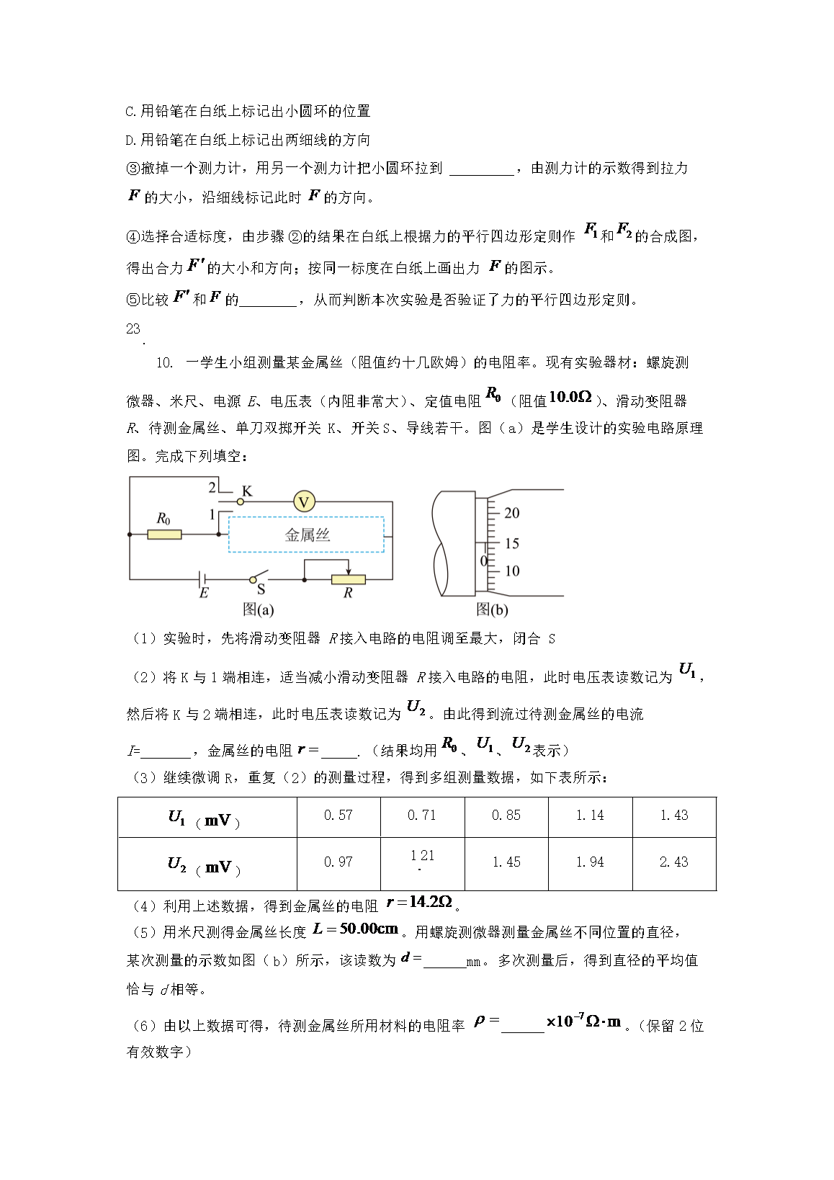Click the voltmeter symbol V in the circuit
coord(304,501)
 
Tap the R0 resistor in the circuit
coord(164,535)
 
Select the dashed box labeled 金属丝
coord(307,535)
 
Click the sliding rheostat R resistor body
coord(348,579)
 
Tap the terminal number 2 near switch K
coord(212,488)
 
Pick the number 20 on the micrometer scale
coord(511,513)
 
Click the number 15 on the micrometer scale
coord(511,543)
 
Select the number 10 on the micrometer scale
coord(511,571)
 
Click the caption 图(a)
coord(258,610)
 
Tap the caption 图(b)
coord(492,610)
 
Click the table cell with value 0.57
coord(338,815)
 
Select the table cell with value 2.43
coord(673,862)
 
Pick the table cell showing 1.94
coord(590,862)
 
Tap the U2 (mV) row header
coord(205,865)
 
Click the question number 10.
coord(164,363)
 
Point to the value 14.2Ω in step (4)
coord(430,902)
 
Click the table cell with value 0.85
coord(506,815)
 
